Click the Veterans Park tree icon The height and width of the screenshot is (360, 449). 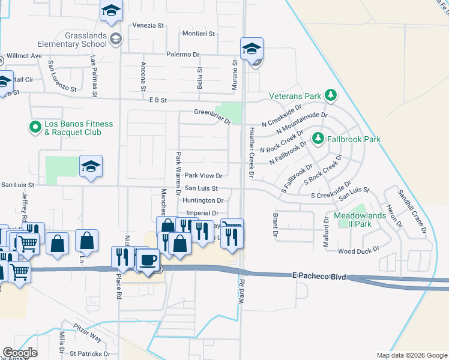[x=330, y=95]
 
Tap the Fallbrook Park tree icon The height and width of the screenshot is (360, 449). [x=318, y=139]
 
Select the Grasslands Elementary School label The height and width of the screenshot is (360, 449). [x=71, y=40]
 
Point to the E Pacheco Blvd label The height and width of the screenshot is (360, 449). [x=320, y=275]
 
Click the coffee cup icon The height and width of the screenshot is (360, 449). [x=148, y=260]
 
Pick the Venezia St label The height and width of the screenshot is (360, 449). [x=148, y=26]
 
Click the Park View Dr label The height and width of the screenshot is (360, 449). [x=203, y=176]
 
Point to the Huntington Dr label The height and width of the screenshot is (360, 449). [x=203, y=200]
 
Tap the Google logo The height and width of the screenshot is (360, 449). [x=20, y=353]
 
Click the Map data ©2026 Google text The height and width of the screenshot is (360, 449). [x=411, y=355]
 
